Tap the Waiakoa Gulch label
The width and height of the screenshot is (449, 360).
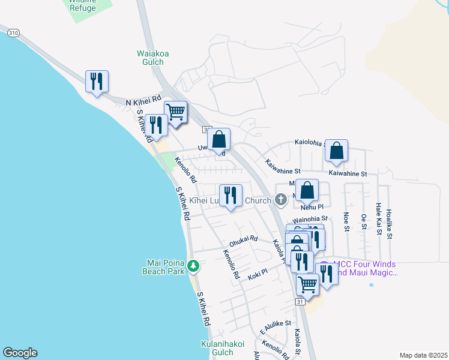point(152,58)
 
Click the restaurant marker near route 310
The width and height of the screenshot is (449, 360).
point(97,82)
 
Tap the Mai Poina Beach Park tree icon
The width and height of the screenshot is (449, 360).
point(193,265)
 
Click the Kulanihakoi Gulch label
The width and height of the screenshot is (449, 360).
point(223,348)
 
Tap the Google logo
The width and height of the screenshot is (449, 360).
point(20,353)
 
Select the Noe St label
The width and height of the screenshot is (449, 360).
point(346,220)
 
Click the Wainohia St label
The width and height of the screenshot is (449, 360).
point(310,219)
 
